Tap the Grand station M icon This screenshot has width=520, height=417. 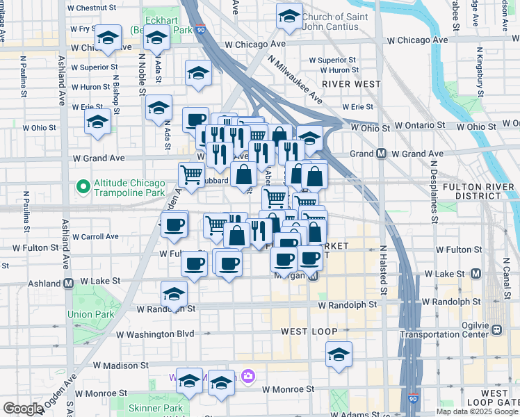click(x=381, y=154)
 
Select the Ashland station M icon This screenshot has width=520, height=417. click(x=69, y=284)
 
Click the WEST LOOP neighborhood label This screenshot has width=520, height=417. click(x=309, y=332)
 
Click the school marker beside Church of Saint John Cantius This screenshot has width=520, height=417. click(x=289, y=16)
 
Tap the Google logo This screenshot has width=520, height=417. click(x=23, y=409)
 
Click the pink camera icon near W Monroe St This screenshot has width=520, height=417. click(x=248, y=377)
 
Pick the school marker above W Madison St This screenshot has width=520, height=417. click(x=339, y=354)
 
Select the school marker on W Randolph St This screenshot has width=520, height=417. click(x=174, y=293)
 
